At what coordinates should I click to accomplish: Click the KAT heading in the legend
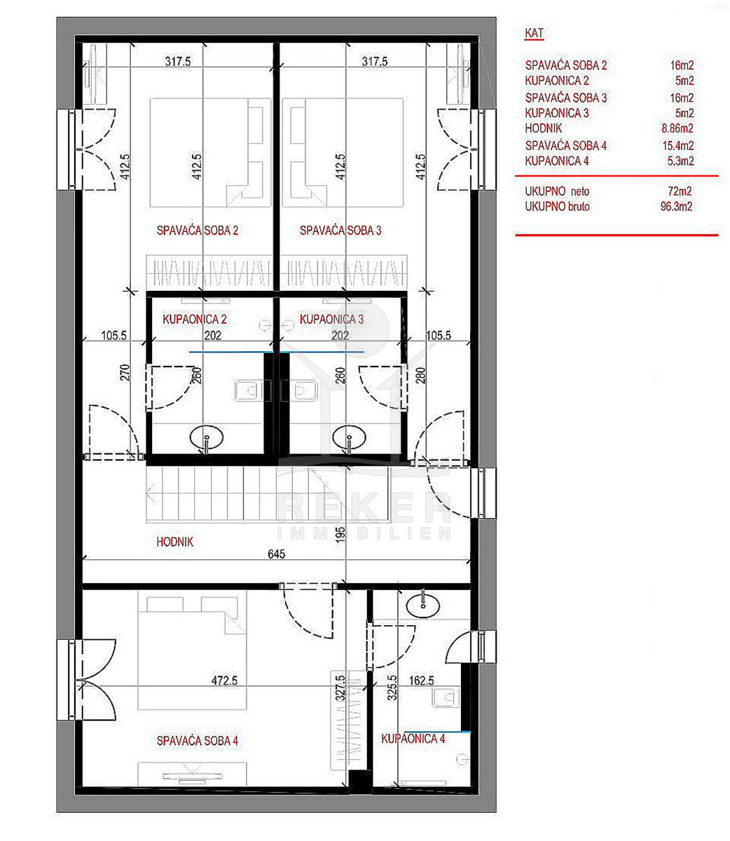pos(534,34)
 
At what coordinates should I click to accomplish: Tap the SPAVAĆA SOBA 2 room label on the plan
pos(197,230)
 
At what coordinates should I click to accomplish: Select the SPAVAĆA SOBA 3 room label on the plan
pos(340,230)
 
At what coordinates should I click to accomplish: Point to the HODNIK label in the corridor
pos(174,542)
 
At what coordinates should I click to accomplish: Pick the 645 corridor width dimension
pos(276,554)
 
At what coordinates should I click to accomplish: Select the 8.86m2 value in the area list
pos(677,128)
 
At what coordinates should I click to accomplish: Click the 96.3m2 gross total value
pos(676,206)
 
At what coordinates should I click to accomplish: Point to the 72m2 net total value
pos(680,191)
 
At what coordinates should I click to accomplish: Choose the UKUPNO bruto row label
pos(557,206)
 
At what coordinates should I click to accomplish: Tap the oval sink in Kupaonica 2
pos(206,437)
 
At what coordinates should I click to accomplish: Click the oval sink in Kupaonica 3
pos(349,437)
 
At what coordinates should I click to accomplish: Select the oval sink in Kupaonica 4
pos(422,606)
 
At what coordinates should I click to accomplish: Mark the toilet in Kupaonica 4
pos(446,697)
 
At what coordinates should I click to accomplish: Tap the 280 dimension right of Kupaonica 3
pos(420,375)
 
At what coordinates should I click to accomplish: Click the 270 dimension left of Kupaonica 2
pos(125,372)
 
